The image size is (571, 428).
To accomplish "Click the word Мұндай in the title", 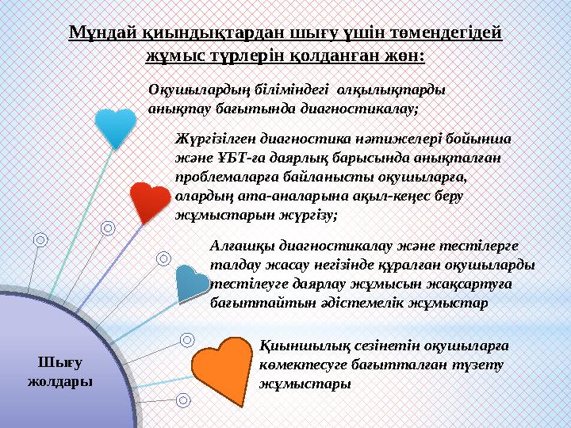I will tap(96, 33).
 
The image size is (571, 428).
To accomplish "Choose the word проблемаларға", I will tap(223, 176).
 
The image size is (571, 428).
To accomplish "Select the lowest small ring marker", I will tap(183, 400).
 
